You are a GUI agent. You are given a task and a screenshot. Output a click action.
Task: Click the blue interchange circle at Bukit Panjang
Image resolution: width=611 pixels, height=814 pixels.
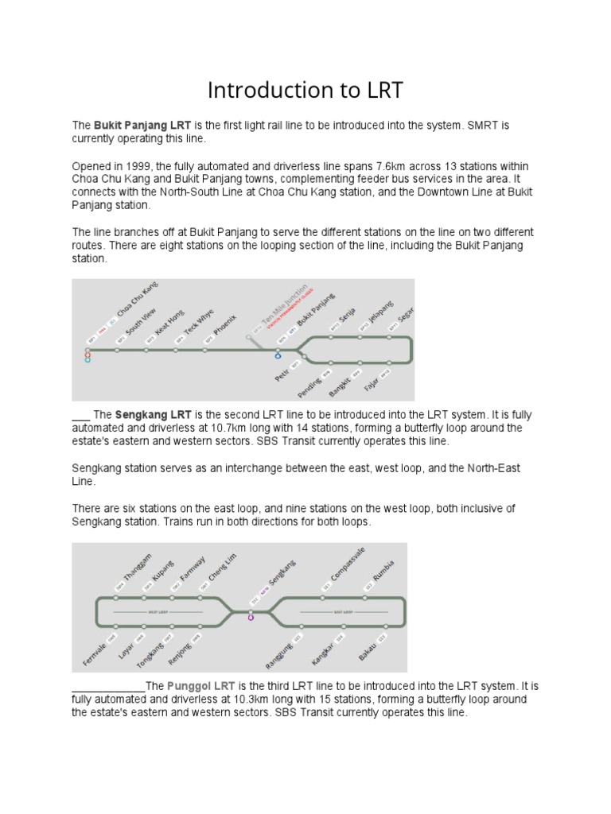coord(278,355)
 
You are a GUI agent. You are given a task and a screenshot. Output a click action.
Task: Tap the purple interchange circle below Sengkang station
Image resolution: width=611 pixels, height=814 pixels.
coord(251,617)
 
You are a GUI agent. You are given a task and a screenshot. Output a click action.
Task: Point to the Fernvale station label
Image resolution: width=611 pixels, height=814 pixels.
coord(95,652)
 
